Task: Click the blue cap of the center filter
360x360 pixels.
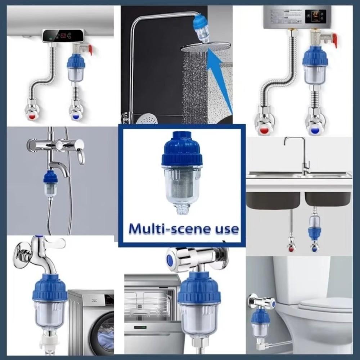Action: coord(182,149)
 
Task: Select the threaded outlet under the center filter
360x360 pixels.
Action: coord(183,209)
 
